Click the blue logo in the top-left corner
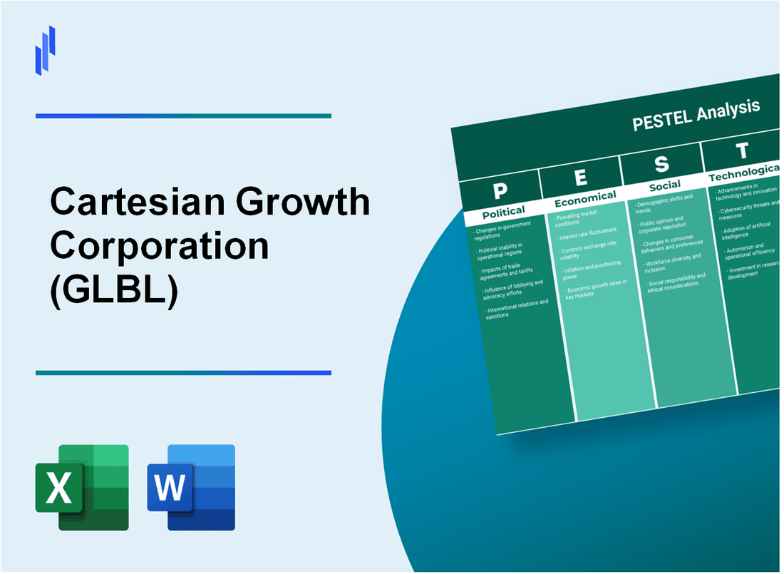point(45,50)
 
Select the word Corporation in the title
point(160,246)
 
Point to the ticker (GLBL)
point(113,289)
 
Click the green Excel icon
point(82,488)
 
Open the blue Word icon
point(191,488)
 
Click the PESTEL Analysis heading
point(696,115)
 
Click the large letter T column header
point(742,151)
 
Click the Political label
point(502,212)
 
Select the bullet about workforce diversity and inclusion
point(674,262)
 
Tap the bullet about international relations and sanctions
point(517,309)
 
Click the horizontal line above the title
point(183,116)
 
